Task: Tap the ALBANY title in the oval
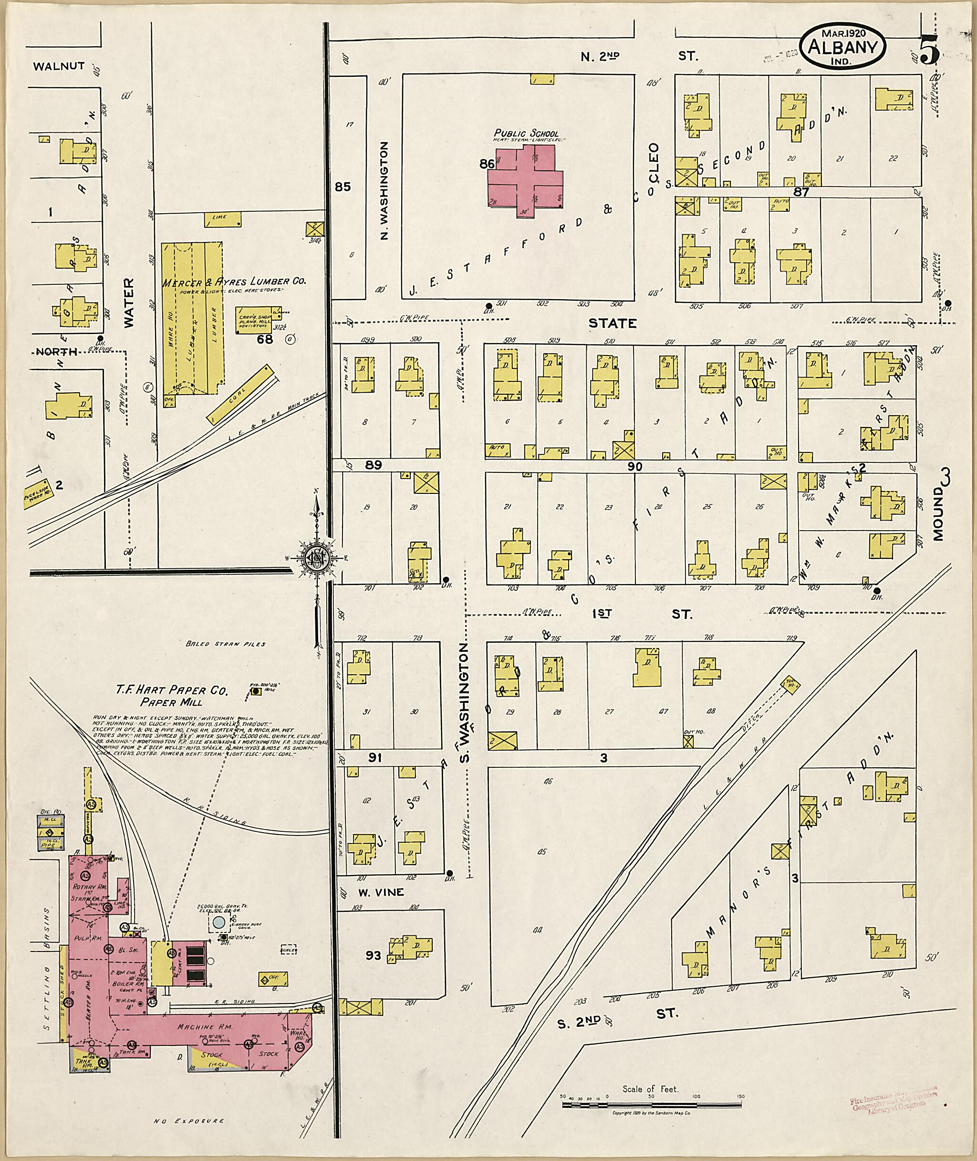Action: pos(843,48)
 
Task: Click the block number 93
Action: pos(374,955)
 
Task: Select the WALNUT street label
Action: pos(59,66)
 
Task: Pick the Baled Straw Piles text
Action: pos(226,644)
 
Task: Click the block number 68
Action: pos(265,339)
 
